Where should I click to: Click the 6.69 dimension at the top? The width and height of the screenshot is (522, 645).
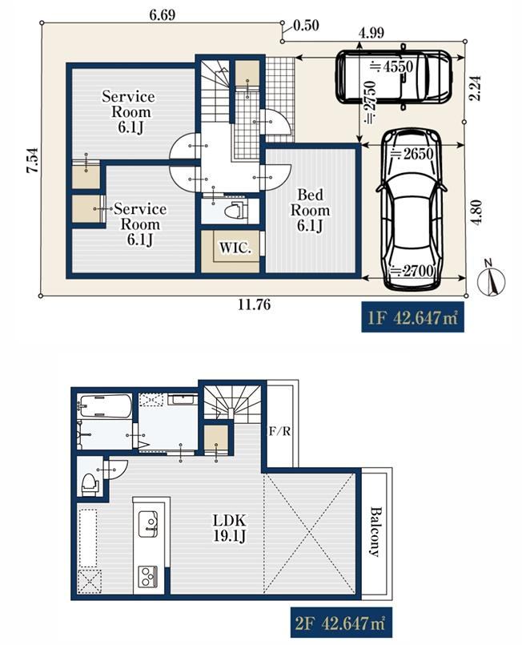[x=163, y=14]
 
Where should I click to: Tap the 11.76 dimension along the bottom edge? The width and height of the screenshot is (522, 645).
[x=255, y=304]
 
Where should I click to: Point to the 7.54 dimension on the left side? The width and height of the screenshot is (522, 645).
[x=33, y=160]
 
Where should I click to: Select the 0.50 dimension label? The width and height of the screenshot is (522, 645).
[x=307, y=26]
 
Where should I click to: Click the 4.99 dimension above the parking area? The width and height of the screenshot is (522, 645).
[x=371, y=33]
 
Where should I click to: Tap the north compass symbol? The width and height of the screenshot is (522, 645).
[x=491, y=279]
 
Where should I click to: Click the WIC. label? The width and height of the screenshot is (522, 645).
[x=235, y=248]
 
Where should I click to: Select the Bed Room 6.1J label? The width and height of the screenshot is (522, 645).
[x=310, y=210]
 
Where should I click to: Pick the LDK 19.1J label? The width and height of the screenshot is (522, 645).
[x=229, y=528]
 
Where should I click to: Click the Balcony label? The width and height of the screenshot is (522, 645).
[x=375, y=531]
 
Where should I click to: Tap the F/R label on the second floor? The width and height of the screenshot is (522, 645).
[x=279, y=431]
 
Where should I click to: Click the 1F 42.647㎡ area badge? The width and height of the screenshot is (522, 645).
[x=412, y=317]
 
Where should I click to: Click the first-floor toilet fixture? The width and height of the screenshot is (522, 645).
[x=236, y=211]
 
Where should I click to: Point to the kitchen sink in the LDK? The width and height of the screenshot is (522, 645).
[x=148, y=524]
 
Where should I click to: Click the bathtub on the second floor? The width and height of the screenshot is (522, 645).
[x=104, y=406]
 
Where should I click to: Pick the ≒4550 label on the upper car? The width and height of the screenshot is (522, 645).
[x=391, y=67]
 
